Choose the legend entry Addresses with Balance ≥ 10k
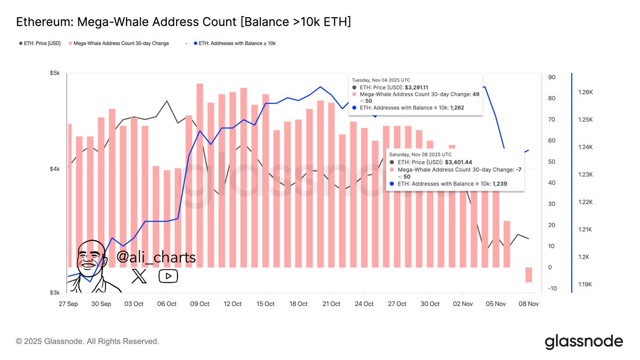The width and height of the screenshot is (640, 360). [x=237, y=43]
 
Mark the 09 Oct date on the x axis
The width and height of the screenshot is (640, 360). [x=199, y=304]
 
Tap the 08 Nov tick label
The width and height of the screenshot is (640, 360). [x=528, y=304]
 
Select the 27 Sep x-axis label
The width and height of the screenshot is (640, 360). [x=68, y=304]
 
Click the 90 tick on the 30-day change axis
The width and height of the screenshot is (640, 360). [x=552, y=77]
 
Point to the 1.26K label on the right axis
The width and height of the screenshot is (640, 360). [x=586, y=92]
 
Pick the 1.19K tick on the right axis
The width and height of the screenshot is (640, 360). [x=586, y=284]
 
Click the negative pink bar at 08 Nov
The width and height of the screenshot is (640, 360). [x=529, y=275]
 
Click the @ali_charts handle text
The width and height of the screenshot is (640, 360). [x=156, y=257]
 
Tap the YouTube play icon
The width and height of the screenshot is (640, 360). [x=168, y=276]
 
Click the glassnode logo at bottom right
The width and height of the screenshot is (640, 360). [x=583, y=341]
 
